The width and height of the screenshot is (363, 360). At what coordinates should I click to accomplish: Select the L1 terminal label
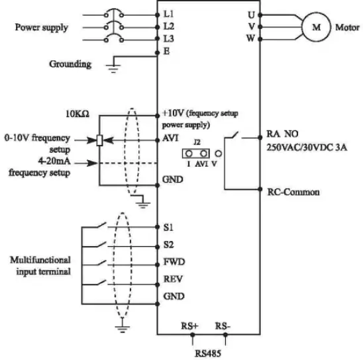[168, 13]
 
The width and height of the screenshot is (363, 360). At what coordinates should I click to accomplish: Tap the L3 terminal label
[168, 40]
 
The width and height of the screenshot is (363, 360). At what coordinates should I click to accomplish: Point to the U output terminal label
[251, 14]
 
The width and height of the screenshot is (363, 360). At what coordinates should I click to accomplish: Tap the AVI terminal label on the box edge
[170, 139]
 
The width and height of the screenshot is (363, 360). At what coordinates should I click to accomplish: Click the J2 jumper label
[197, 140]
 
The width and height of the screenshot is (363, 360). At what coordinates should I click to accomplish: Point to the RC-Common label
[293, 192]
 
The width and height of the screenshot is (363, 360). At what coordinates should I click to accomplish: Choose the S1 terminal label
[168, 227]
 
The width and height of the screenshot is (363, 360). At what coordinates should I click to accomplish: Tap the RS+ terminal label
[189, 326]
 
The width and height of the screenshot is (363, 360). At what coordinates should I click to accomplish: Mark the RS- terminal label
[223, 326]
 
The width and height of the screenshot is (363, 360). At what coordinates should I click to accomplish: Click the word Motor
[347, 28]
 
